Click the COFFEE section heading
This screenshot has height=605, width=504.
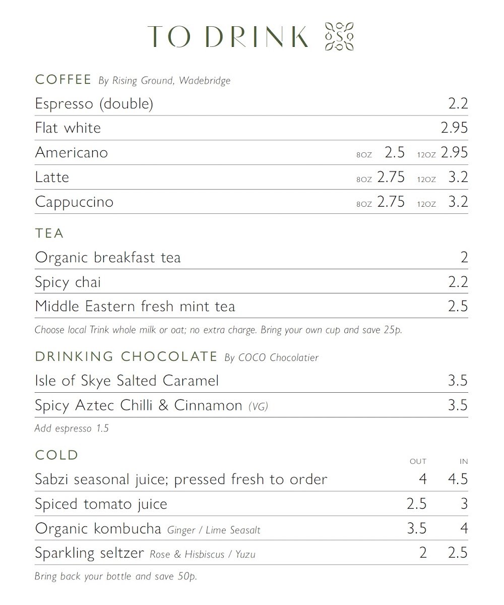click(63, 80)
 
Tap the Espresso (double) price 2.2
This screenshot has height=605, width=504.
click(458, 103)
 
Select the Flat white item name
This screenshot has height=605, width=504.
click(68, 128)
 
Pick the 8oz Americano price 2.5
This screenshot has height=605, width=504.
click(395, 152)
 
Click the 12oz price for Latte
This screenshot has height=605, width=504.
click(458, 177)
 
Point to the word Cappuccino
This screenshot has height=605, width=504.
click(74, 202)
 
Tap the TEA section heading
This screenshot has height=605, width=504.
click(49, 233)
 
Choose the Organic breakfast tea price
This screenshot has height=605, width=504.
click(464, 258)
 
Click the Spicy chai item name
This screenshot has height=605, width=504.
click(68, 282)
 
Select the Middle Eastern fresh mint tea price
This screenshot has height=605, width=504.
click(458, 307)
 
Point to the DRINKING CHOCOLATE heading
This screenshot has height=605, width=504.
click(126, 356)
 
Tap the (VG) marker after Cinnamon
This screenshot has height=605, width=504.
click(258, 406)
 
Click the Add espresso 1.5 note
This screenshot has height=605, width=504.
click(72, 429)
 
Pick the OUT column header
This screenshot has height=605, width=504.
click(418, 461)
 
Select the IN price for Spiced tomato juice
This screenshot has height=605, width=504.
click(464, 504)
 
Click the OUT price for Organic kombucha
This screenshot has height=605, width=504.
click(416, 528)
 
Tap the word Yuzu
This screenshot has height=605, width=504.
click(245, 555)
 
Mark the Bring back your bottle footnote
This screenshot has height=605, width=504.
click(115, 576)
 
